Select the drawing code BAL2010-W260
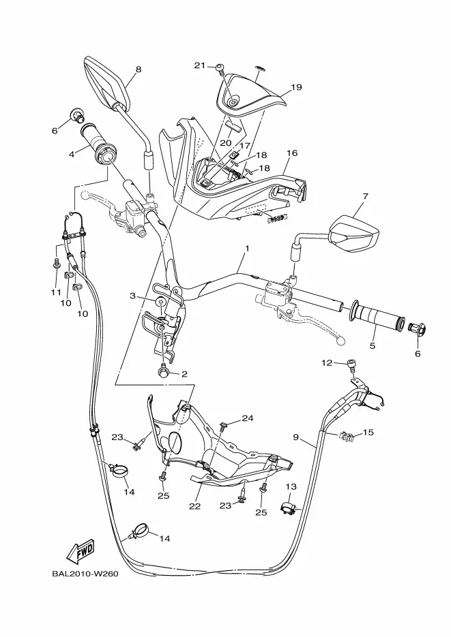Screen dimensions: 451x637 [x=85, y=574]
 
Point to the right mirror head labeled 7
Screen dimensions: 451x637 [x=354, y=234]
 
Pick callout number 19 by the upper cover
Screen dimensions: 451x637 [x=297, y=87]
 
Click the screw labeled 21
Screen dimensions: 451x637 [x=220, y=68]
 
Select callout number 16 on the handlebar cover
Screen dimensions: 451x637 [x=292, y=153]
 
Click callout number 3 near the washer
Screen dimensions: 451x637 [x=132, y=296]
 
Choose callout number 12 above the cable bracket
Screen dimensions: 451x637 [x=327, y=362]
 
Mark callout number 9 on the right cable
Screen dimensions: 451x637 [x=295, y=437]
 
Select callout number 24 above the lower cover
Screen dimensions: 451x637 [x=248, y=418]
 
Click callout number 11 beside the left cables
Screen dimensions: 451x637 [x=56, y=292]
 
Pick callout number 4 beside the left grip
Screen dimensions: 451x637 [x=72, y=154]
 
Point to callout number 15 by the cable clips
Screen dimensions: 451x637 [x=368, y=432]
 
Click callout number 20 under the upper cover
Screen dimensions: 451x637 [x=226, y=142]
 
